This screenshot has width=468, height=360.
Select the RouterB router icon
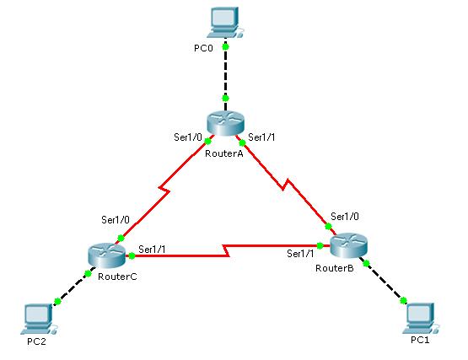tap(349, 245)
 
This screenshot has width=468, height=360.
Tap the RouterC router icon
tap(107, 255)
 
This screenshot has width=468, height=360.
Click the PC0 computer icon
tap(226, 23)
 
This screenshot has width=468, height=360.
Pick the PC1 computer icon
tap(421, 318)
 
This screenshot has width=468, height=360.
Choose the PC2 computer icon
tap(39, 319)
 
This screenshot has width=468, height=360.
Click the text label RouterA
tap(224, 153)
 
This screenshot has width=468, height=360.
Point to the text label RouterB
tap(335, 268)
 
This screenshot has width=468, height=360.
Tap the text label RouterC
tap(117, 277)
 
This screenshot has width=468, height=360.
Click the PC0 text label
tap(203, 48)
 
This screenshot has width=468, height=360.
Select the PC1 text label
tap(420, 340)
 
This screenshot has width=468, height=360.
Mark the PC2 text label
tap(37, 341)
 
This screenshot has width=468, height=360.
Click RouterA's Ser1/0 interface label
tap(188, 137)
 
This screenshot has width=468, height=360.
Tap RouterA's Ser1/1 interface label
tap(261, 137)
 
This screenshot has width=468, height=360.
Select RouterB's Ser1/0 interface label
tap(345, 217)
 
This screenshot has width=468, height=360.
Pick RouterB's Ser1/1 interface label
tap(300, 254)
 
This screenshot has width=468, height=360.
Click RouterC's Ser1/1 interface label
tap(152, 250)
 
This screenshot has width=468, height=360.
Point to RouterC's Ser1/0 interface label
tap(116, 220)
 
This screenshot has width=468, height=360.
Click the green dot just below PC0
tap(226, 47)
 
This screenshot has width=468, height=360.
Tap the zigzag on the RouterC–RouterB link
tap(226, 250)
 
